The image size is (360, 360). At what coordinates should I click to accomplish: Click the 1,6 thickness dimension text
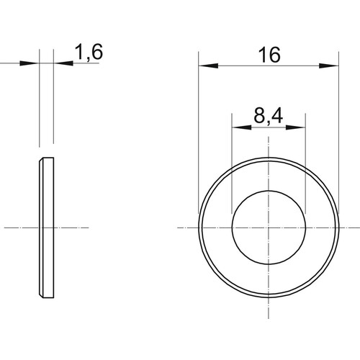[89, 52]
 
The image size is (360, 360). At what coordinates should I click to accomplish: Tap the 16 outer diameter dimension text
[269, 55]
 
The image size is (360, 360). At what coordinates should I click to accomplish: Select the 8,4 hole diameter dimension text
[268, 116]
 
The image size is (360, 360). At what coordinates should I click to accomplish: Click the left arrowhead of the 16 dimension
[208, 66]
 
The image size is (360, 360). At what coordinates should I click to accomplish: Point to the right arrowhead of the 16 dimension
[328, 66]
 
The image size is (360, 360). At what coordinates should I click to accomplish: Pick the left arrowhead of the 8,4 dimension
[241, 127]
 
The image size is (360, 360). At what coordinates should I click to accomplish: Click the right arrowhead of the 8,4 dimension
[295, 127]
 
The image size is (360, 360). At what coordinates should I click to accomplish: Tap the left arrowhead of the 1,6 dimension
[30, 63]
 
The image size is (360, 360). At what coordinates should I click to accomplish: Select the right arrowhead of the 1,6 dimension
[63, 63]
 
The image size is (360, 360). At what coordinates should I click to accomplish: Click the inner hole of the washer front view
[269, 228]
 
